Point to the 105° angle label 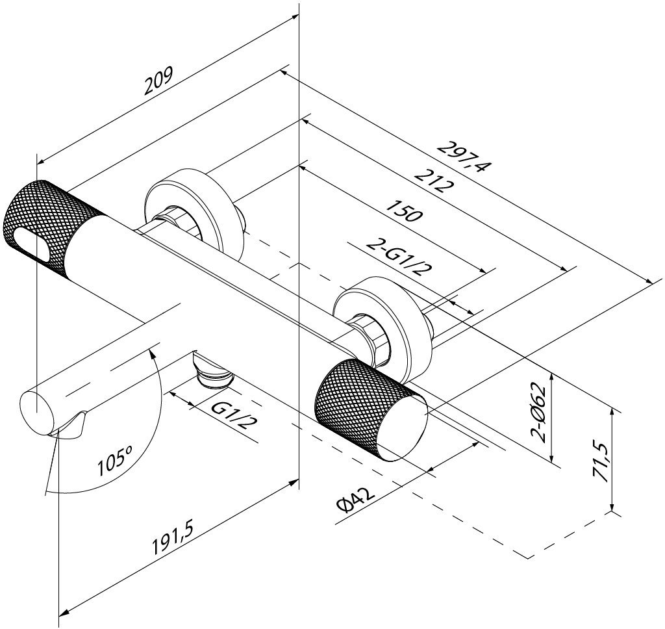tap(114, 465)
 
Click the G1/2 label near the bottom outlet tap(233, 417)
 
